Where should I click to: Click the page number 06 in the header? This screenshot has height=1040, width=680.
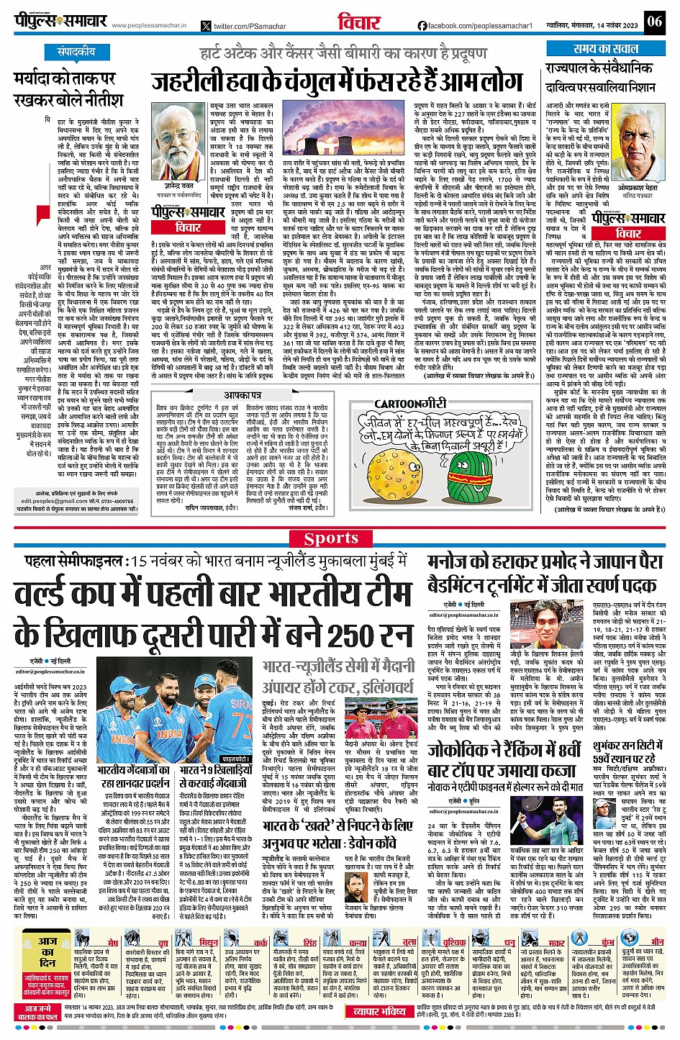(x=653, y=21)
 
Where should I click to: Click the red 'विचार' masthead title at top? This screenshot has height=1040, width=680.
(x=358, y=22)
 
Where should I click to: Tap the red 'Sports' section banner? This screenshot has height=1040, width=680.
(x=330, y=538)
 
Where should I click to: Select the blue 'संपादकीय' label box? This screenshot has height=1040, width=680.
(x=76, y=53)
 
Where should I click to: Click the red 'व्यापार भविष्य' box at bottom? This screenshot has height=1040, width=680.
(x=380, y=1011)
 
